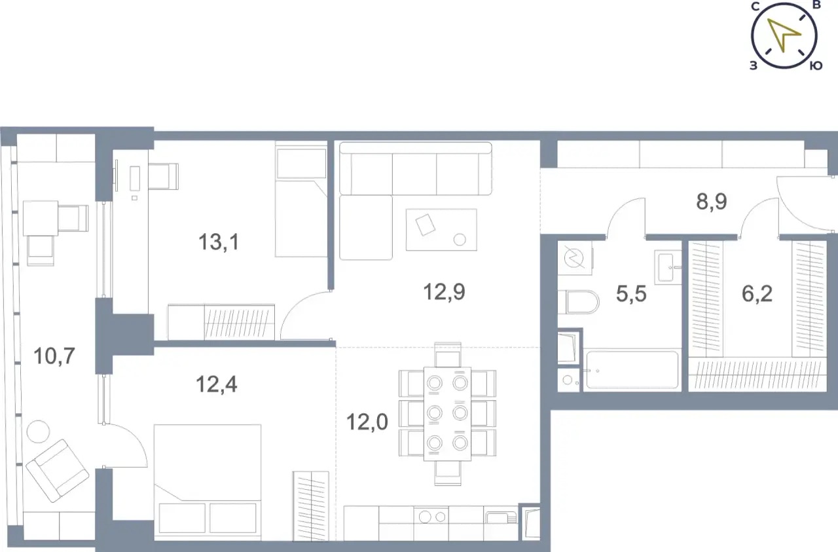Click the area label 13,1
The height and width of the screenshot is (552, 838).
219,242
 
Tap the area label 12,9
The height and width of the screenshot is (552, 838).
444,292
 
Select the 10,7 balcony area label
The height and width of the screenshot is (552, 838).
54,356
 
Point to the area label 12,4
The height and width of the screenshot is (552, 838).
217,384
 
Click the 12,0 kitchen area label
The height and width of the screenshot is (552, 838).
367,422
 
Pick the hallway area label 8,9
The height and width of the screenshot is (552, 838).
712,202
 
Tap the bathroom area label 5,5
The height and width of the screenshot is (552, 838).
631,294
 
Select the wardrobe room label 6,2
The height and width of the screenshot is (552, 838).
757,294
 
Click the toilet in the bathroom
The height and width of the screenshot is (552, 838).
578,302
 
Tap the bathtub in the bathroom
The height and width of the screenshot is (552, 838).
632,370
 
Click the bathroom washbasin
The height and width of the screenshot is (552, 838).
668,267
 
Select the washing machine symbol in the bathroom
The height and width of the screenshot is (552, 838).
574,258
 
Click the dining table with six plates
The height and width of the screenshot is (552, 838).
447,414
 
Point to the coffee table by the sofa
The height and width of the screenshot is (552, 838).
441,230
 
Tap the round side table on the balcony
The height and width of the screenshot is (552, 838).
38,432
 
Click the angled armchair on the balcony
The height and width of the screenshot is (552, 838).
57,470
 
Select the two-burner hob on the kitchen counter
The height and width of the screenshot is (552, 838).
431,517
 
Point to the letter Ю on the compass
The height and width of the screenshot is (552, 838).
816,66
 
